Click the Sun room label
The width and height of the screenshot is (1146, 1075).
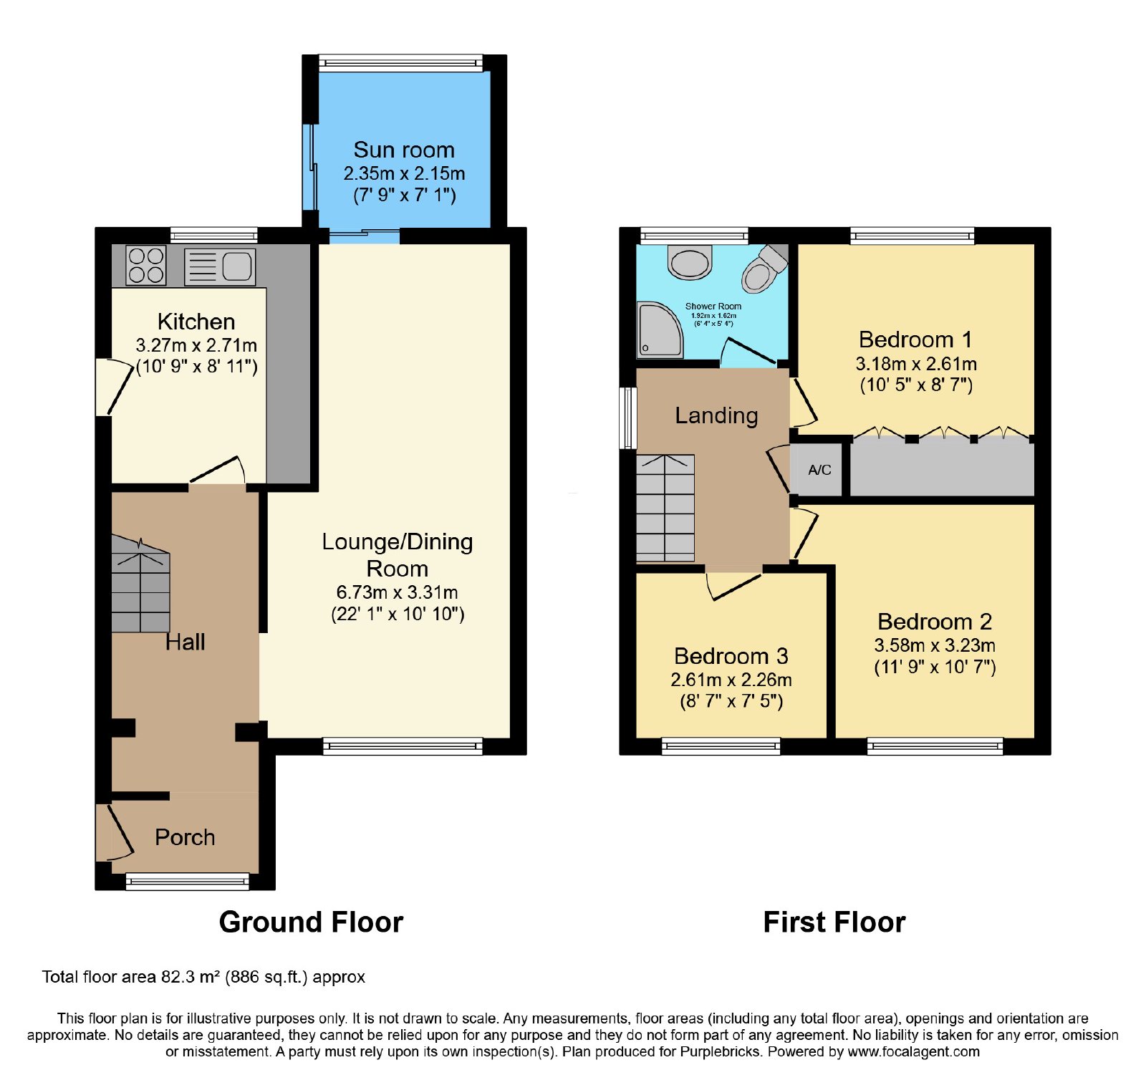pyautogui.click(x=404, y=150)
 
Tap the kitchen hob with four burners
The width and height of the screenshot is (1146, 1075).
pyautogui.click(x=146, y=265)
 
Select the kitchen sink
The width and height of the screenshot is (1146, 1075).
pyautogui.click(x=220, y=267)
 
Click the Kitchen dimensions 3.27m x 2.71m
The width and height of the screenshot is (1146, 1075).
pyautogui.click(x=196, y=345)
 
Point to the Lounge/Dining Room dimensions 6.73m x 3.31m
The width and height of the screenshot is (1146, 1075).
pyautogui.click(x=398, y=592)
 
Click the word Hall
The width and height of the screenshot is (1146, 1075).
pyautogui.click(x=185, y=642)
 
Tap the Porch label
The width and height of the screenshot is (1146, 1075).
pyautogui.click(x=185, y=837)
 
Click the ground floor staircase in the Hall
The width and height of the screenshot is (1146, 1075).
pyautogui.click(x=140, y=584)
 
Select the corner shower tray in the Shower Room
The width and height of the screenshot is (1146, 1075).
pyautogui.click(x=660, y=329)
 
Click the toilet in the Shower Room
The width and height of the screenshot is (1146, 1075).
pyautogui.click(x=764, y=268)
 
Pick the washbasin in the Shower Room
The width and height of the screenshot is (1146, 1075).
pyautogui.click(x=690, y=262)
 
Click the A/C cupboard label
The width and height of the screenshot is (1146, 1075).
pyautogui.click(x=819, y=470)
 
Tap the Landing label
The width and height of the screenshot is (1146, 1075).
pyautogui.click(x=716, y=415)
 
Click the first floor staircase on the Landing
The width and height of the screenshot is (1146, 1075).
pyautogui.click(x=665, y=508)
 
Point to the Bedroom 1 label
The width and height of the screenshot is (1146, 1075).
pyautogui.click(x=915, y=339)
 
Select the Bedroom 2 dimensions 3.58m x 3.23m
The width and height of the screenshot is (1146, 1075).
pyautogui.click(x=935, y=645)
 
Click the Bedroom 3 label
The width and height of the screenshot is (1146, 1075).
pyautogui.click(x=731, y=656)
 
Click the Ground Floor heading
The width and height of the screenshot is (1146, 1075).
pyautogui.click(x=311, y=922)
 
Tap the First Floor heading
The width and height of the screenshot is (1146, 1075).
pyautogui.click(x=834, y=922)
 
